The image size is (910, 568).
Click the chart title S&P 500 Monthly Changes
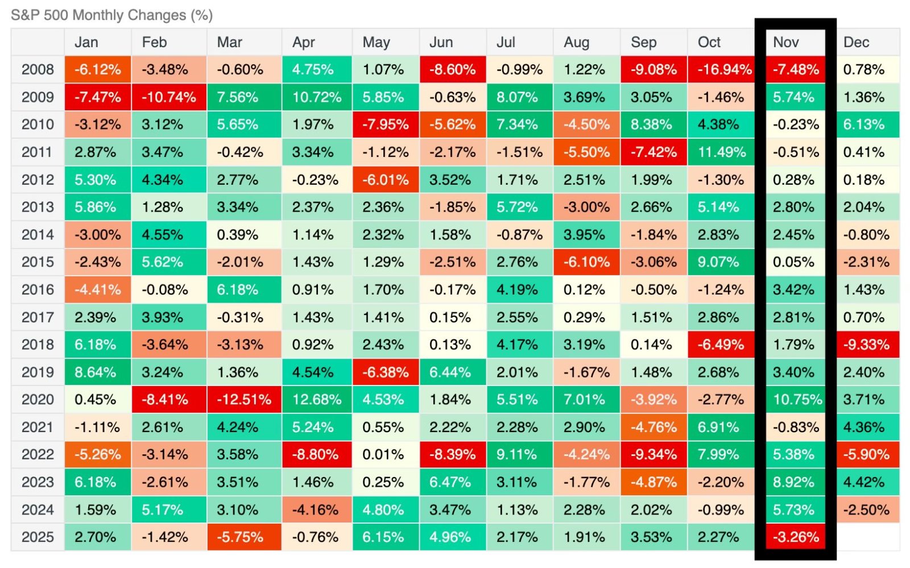(x=111, y=15)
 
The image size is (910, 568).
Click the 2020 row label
(x=38, y=400)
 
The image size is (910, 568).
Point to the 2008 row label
(x=38, y=70)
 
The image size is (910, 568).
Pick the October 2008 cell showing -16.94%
(x=721, y=70)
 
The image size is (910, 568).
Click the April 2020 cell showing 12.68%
(x=317, y=400)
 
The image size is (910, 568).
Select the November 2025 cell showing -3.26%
(x=795, y=537)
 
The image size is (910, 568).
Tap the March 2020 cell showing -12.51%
(x=244, y=400)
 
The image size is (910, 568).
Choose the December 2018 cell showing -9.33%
(x=867, y=345)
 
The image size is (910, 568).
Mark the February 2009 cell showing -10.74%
(x=169, y=97)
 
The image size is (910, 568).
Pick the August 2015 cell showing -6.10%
(x=586, y=262)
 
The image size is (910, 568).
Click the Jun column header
(x=441, y=42)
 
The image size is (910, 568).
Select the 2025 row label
(x=38, y=537)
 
